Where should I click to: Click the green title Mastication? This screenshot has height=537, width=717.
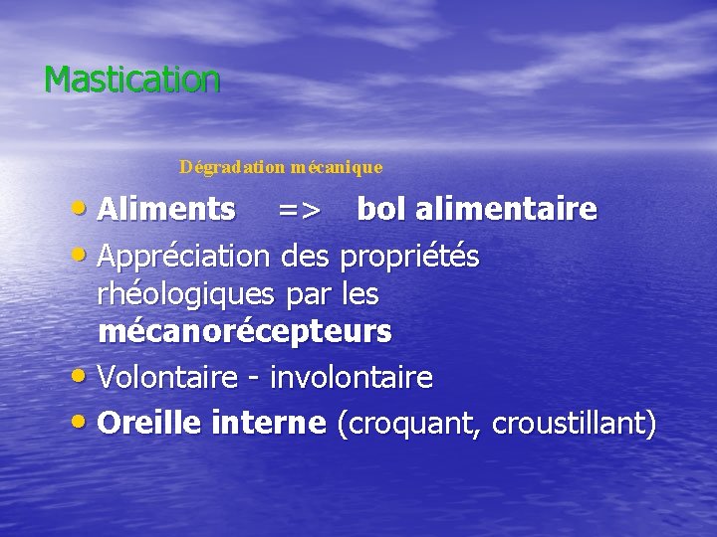click(131, 80)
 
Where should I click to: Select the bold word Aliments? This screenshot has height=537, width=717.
click(167, 210)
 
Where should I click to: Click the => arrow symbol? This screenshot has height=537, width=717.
click(298, 211)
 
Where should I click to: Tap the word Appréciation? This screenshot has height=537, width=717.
click(184, 257)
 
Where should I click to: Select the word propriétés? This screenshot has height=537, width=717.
click(409, 257)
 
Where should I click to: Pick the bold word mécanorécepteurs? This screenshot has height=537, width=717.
click(245, 332)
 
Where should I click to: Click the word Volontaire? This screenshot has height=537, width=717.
click(168, 378)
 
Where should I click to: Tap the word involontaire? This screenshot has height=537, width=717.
click(352, 378)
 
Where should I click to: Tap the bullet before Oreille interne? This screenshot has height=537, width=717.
click(83, 424)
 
